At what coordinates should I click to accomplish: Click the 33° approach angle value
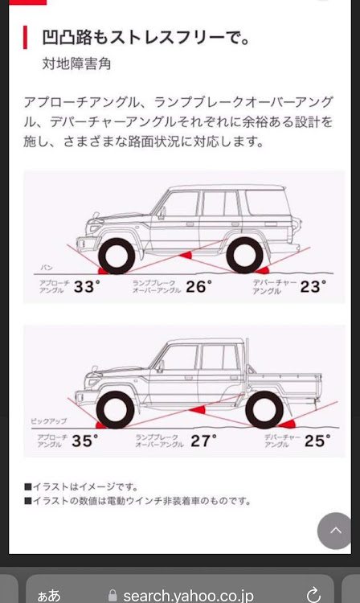pyautogui.click(x=87, y=286)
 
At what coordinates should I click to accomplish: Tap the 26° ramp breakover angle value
pyautogui.click(x=198, y=286)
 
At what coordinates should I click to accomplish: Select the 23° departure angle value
pyautogui.click(x=313, y=286)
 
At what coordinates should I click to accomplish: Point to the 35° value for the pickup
pyautogui.click(x=85, y=441)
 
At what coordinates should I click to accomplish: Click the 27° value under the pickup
pyautogui.click(x=203, y=441)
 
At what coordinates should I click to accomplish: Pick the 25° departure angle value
pyautogui.click(x=317, y=441)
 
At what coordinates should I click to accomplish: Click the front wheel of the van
pyautogui.click(x=117, y=256)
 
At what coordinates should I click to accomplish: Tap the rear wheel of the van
pyautogui.click(x=245, y=256)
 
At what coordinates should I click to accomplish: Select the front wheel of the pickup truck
pyautogui.click(x=115, y=410)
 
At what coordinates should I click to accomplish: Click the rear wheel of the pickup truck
pyautogui.click(x=264, y=410)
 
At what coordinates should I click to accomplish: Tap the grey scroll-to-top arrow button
pyautogui.click(x=335, y=531)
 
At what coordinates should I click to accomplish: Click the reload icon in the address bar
pyautogui.click(x=314, y=594)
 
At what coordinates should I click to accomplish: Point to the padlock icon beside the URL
pyautogui.click(x=112, y=596)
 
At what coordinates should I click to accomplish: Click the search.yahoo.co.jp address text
pyautogui.click(x=188, y=596)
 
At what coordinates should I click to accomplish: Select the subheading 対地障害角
pyautogui.click(x=76, y=64)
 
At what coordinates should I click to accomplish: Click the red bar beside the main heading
pyautogui.click(x=26, y=37)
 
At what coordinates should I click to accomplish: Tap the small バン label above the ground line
pyautogui.click(x=47, y=267)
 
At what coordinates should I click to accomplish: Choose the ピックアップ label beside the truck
pyautogui.click(x=49, y=421)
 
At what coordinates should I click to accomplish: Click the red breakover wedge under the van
pyautogui.click(x=186, y=255)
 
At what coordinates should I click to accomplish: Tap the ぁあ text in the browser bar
pyautogui.click(x=49, y=596)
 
